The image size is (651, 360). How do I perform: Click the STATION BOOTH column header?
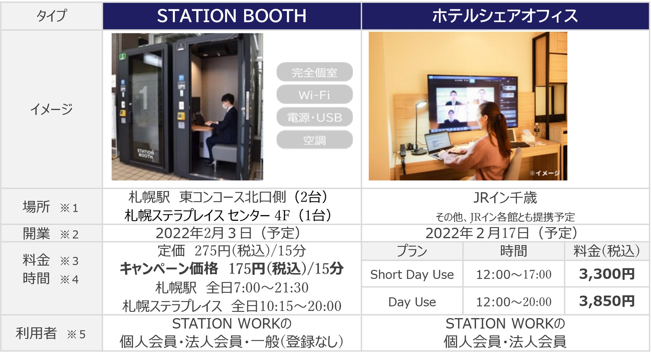tap(232, 16)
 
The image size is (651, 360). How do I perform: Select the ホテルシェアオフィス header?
tap(505, 16)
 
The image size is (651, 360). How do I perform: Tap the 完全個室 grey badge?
tap(314, 72)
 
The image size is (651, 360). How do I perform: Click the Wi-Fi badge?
tap(314, 95)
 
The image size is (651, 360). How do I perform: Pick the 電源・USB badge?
tap(314, 117)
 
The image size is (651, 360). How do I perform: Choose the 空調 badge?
tap(314, 140)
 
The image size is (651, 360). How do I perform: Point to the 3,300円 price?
tap(607, 274)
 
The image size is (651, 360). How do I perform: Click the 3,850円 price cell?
tap(607, 301)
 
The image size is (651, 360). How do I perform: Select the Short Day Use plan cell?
tap(412, 274)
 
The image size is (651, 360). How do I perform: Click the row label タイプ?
tap(51, 16)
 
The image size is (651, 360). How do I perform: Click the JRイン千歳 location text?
tap(505, 198)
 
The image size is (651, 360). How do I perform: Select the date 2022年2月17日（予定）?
tap(502, 233)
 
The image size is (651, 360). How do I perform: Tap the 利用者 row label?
tap(36, 333)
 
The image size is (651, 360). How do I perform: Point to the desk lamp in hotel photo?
tap(418, 127)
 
